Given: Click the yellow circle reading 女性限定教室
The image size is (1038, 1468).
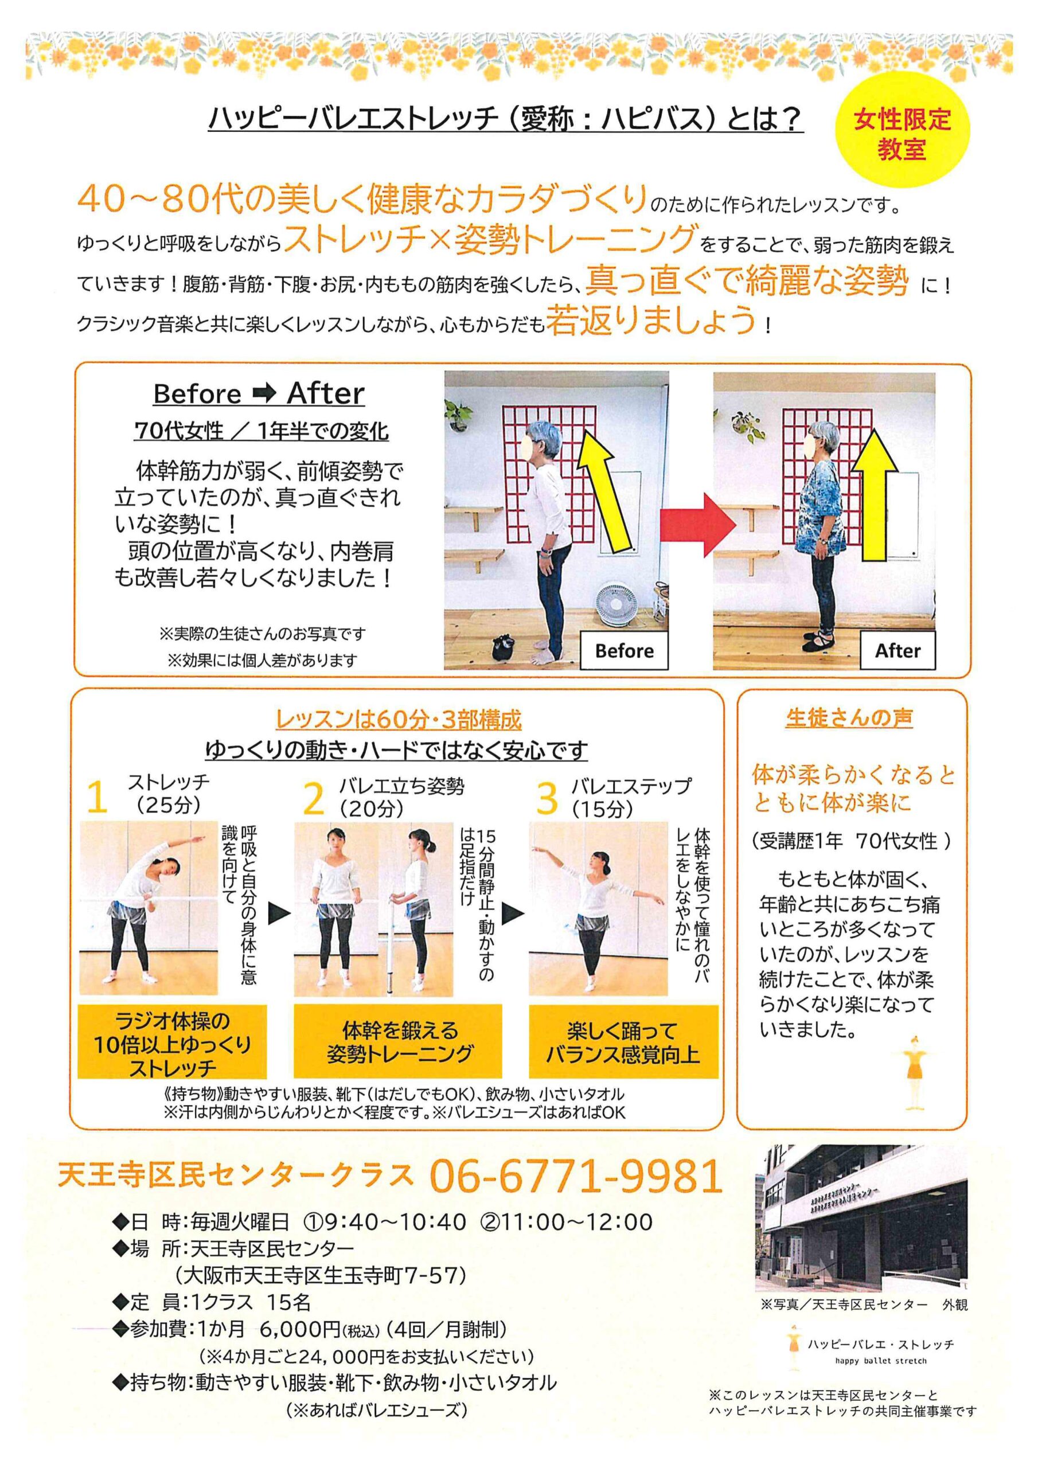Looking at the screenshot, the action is tap(903, 132).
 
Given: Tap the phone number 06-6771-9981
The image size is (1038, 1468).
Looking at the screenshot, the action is tap(576, 1175).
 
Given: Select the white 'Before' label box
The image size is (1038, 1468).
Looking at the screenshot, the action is tap(624, 650).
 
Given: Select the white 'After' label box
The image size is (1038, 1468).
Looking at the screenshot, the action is tap(897, 650).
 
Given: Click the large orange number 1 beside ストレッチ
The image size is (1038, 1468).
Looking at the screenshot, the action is tap(96, 798).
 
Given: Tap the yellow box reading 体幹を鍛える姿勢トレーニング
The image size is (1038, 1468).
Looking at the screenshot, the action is tap(398, 1041).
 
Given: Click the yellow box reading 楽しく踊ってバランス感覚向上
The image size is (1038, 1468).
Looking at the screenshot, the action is tap(623, 1041).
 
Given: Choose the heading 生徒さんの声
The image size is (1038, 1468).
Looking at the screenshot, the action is tap(849, 717).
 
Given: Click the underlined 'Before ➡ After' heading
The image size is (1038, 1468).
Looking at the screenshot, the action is tap(259, 393).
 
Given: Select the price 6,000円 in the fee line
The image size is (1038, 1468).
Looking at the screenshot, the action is tap(300, 1330).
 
